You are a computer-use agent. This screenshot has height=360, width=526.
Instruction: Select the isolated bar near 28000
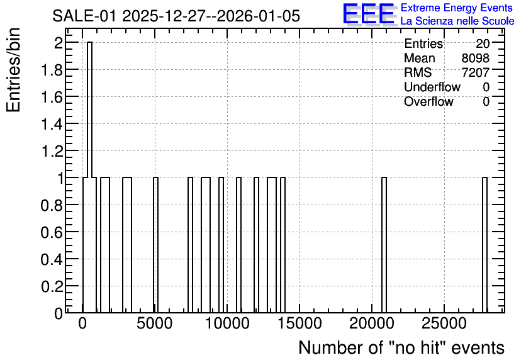pos(484,245)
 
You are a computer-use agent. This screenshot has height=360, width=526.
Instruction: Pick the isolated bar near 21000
pos(384,245)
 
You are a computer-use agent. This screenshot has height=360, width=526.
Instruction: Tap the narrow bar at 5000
pos(155,245)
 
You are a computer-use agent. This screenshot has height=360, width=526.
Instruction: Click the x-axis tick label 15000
pos(299,323)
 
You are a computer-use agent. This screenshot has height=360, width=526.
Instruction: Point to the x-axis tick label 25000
pos(444,323)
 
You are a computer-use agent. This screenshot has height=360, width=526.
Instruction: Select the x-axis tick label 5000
pos(155,323)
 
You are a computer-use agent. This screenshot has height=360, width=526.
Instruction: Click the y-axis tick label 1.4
pos(52,124)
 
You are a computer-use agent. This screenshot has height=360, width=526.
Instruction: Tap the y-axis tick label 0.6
pos(52,232)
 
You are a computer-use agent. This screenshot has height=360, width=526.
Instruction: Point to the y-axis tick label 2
pos(59,43)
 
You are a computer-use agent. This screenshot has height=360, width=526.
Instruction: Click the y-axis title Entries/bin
pos(14,70)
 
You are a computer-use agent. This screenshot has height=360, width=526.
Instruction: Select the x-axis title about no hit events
pos(401,347)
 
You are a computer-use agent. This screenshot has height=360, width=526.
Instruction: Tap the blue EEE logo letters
pos(369,14)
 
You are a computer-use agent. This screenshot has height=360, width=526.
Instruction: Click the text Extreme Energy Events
pos(457,8)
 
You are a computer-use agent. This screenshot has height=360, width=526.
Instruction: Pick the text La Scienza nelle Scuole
pos(457,21)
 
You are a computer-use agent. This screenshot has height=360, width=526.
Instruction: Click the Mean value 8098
pos(475,58)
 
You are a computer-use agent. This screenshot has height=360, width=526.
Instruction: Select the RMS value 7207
pos(475,72)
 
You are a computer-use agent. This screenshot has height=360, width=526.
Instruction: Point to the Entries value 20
pos(483,43)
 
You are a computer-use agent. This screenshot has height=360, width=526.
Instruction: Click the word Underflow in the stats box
pos(432,87)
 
